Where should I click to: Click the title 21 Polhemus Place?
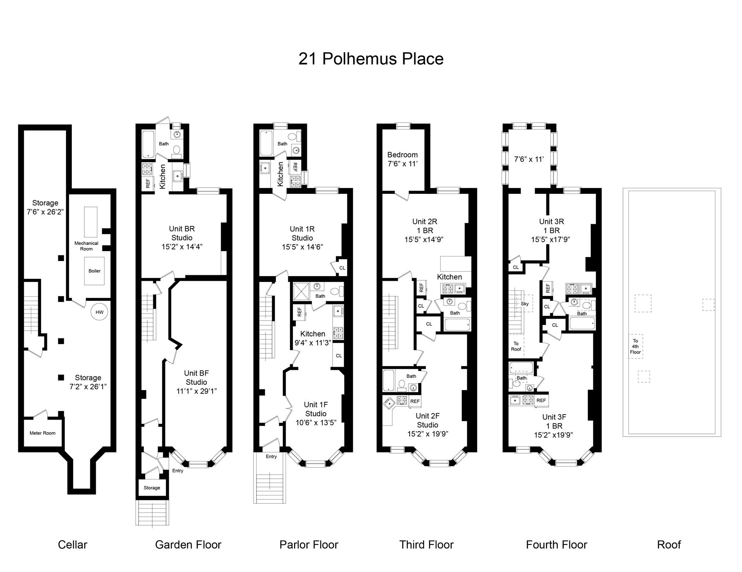371,59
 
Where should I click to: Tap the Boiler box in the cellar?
94,271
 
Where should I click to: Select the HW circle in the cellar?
99,312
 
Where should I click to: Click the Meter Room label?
43,433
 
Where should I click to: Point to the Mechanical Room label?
86,246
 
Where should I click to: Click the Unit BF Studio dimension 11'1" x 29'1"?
196,391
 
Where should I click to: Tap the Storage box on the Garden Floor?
152,488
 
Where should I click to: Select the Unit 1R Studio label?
302,233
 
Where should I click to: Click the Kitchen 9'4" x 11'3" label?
313,338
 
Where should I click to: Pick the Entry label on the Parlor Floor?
271,456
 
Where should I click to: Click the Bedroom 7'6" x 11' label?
403,159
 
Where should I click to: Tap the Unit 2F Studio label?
427,420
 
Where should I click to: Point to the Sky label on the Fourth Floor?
524,304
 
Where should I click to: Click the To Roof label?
516,346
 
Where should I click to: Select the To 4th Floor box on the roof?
635,347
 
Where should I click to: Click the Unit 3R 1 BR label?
551,226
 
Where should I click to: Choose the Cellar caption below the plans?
73,545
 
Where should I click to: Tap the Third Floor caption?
426,545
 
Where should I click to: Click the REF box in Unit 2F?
415,401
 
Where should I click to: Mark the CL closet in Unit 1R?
342,268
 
